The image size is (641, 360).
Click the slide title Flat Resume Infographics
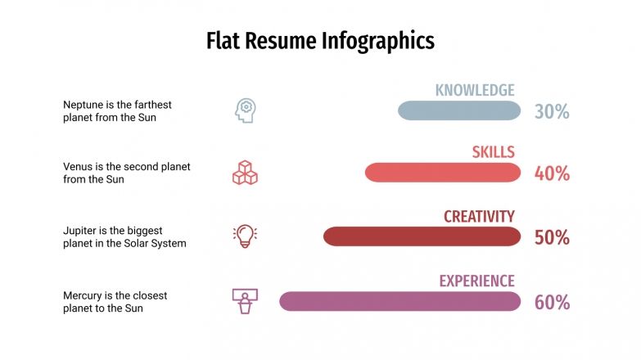[x=320, y=40]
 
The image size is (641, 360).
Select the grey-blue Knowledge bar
[x=458, y=110]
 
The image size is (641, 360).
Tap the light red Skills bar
[x=442, y=173]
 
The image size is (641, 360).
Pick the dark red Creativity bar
[x=422, y=236]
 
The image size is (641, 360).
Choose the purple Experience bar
[x=399, y=301]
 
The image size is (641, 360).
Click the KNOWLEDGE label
[x=475, y=90]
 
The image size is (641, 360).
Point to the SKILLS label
[x=493, y=152]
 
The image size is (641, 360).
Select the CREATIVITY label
[x=479, y=217]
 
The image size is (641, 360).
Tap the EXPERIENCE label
[x=476, y=281]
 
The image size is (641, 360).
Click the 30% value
[x=552, y=111]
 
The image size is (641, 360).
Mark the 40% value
[x=552, y=173]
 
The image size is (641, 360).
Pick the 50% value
[x=552, y=237]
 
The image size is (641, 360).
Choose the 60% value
[x=552, y=302]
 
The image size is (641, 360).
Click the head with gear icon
[x=245, y=110]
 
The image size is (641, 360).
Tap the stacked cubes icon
[x=245, y=173]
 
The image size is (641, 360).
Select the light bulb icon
[x=245, y=236]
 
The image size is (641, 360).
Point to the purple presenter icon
[x=245, y=301]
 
